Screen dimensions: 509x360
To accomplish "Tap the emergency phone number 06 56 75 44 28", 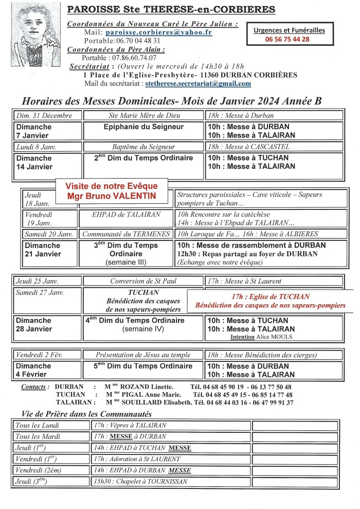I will coord(287,39).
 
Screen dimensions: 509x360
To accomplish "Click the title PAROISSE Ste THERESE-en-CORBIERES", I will coord(171,9).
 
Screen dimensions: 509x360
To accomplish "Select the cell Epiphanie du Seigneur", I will coord(143,127).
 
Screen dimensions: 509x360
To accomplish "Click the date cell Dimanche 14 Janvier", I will coord(34,163).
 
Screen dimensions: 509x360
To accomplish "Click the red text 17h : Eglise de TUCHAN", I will coord(271,296).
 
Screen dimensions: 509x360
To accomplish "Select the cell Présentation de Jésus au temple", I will coord(143,355).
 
